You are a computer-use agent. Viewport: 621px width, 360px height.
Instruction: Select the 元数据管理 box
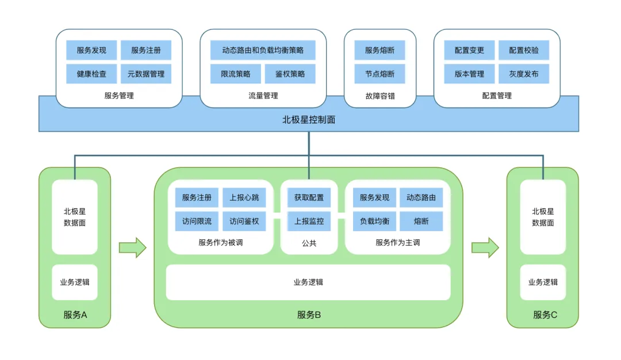pyautogui.click(x=145, y=74)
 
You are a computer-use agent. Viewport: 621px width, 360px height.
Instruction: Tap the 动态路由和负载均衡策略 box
pyautogui.click(x=263, y=50)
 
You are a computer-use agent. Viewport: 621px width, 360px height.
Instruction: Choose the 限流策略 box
pyautogui.click(x=235, y=74)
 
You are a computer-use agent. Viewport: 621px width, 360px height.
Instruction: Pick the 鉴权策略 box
pyautogui.click(x=290, y=74)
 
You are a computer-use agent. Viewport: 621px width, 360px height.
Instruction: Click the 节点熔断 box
pyautogui.click(x=379, y=74)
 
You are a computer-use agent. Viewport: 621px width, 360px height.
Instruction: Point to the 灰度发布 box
pyautogui.click(x=523, y=74)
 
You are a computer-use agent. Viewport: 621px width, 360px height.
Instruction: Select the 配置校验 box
pyautogui.click(x=523, y=50)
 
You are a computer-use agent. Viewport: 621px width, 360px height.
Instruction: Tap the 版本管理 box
pyautogui.click(x=469, y=74)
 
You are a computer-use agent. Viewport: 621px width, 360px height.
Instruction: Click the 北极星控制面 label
pyautogui.click(x=309, y=120)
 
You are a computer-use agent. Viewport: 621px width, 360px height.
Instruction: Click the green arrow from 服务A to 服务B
pyautogui.click(x=132, y=247)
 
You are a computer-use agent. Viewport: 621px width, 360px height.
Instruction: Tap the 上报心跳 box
pyautogui.click(x=244, y=198)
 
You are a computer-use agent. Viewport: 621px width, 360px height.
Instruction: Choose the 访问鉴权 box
pyautogui.click(x=244, y=221)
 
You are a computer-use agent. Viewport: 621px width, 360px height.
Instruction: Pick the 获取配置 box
pyautogui.click(x=309, y=198)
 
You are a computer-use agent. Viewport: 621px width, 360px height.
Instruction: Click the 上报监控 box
pyautogui.click(x=309, y=221)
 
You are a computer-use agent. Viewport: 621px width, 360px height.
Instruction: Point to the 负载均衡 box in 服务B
pyautogui.click(x=374, y=221)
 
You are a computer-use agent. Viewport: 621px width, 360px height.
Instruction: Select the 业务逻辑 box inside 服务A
pyautogui.click(x=75, y=282)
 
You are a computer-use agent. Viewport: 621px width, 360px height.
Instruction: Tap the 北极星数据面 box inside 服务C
pyautogui.click(x=543, y=217)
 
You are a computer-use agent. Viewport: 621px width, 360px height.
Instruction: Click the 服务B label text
pyautogui.click(x=309, y=315)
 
